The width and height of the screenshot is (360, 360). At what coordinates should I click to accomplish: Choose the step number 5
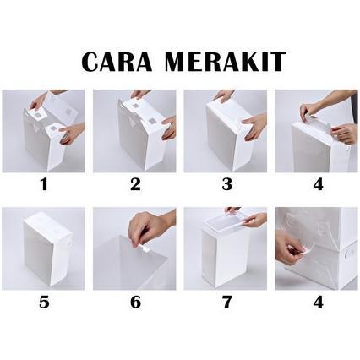pos(43,302)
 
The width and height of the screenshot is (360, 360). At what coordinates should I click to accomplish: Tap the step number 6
pos(134,302)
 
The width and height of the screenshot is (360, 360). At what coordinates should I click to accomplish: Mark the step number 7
pos(226,302)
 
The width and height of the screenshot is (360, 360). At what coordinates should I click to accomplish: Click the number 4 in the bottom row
pos(317,302)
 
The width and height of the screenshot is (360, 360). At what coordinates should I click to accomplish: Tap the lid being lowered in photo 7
pos(226,221)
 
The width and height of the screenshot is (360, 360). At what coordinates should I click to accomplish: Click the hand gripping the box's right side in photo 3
pos(253,128)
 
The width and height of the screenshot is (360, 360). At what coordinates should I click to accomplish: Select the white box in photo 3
pos(221,139)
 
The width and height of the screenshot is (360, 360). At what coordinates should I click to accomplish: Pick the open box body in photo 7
pos(221,258)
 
